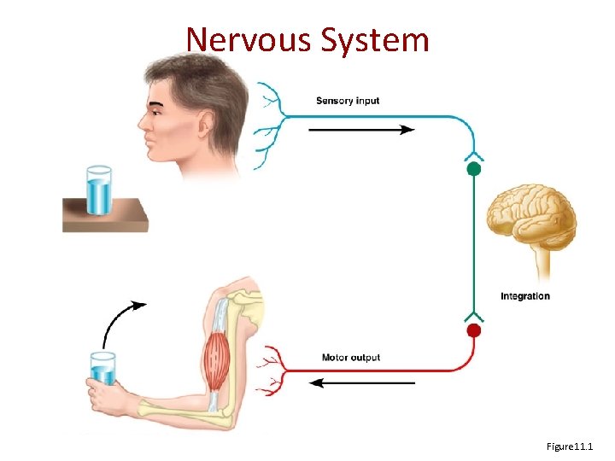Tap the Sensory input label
coord(348,101)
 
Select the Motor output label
coord(351,358)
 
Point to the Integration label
coord(525,296)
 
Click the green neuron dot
coord(474,169)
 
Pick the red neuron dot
coord(474,330)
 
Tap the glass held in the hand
coord(103,369)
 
